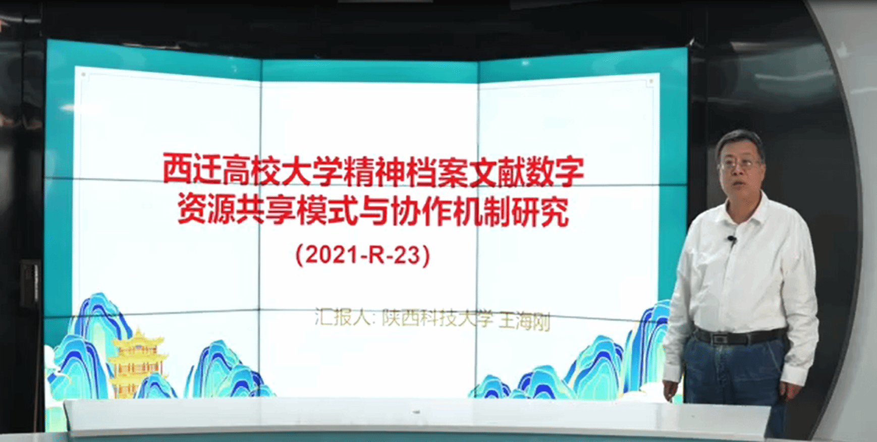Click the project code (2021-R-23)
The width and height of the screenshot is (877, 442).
pyautogui.click(x=363, y=255)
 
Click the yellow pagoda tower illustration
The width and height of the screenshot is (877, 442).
pyautogui.click(x=137, y=362)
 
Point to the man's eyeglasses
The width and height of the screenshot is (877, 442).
pyautogui.click(x=740, y=163)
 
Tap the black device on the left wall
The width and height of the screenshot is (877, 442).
pyautogui.click(x=31, y=283)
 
